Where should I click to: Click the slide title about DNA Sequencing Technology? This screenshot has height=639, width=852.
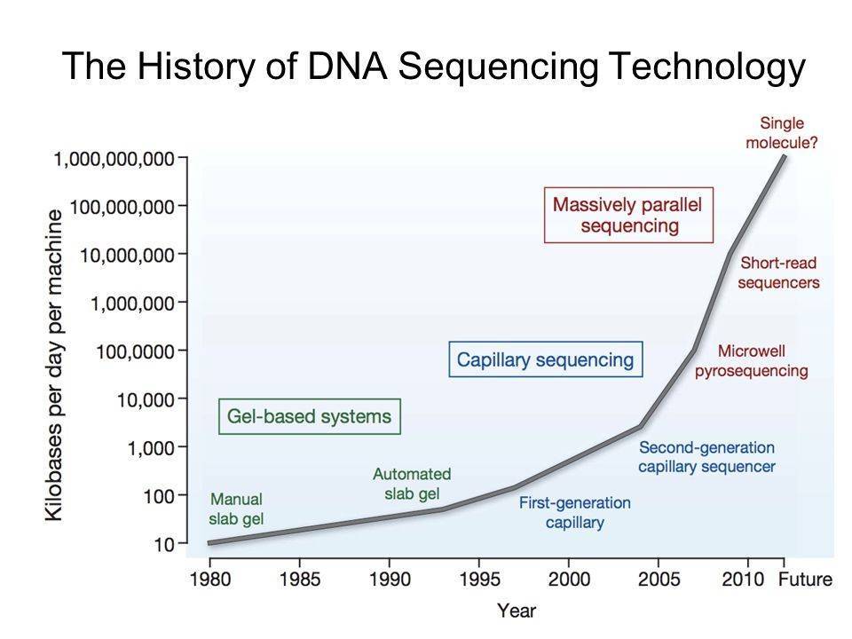point(432,67)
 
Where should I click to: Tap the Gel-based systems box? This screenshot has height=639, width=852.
point(309,416)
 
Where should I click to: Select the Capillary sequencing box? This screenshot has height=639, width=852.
point(545,359)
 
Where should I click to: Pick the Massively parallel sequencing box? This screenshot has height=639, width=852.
point(627,215)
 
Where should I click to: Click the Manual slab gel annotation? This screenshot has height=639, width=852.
point(236,508)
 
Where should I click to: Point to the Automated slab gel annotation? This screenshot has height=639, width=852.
point(412,483)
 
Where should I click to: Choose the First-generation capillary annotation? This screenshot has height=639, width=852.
point(574,512)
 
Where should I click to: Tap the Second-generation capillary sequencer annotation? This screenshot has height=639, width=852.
point(706,456)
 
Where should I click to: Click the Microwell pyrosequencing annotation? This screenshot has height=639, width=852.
point(751,360)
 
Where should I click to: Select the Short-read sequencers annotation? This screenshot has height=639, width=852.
point(778,272)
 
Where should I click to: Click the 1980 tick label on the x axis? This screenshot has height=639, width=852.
point(210,580)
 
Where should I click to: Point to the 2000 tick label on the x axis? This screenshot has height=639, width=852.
point(568,580)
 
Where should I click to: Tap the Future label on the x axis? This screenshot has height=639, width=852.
point(805,580)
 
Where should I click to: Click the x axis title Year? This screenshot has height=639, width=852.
point(516,611)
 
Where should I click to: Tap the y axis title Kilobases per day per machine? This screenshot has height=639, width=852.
point(55,364)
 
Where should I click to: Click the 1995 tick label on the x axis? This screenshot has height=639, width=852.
point(478,580)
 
